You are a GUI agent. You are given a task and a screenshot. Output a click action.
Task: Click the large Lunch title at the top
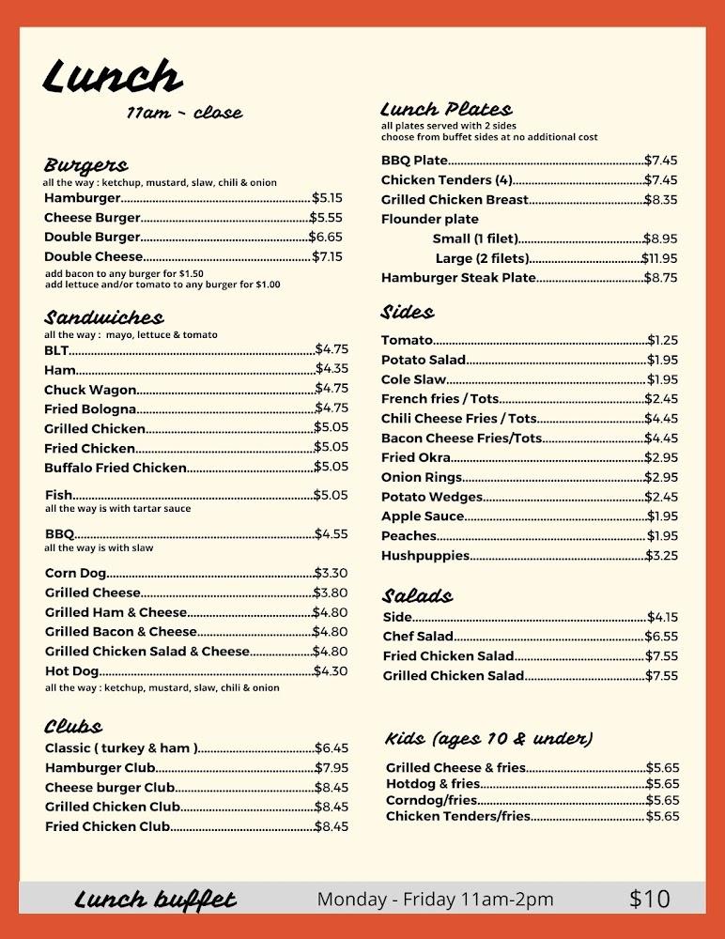point(113,77)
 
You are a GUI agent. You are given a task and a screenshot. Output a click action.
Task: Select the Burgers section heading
point(85,165)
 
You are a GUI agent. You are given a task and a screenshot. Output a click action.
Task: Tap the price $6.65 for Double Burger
point(326,237)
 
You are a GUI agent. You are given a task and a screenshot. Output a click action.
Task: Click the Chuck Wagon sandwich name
point(90,389)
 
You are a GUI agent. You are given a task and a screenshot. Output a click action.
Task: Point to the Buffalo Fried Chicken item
point(116,467)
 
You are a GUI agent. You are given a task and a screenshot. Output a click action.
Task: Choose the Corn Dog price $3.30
point(331,573)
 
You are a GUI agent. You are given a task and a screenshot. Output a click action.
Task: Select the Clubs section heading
point(73,726)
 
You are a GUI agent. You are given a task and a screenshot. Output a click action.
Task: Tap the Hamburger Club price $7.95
point(332,767)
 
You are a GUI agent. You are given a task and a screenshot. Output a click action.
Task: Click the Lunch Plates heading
point(446,109)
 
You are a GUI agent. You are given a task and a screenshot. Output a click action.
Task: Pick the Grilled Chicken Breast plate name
point(455,199)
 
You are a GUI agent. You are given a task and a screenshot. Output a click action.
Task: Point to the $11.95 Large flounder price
point(659,258)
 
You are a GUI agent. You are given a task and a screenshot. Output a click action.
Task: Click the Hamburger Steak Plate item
point(458,277)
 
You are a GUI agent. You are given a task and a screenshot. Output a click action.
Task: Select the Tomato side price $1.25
point(662,340)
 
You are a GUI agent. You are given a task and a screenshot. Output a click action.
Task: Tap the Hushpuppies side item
point(425,555)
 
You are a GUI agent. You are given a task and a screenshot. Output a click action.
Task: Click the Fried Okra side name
point(416,457)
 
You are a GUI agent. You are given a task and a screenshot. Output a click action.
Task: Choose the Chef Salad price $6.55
point(661,636)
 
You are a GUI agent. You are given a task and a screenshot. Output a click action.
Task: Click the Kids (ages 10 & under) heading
point(488,738)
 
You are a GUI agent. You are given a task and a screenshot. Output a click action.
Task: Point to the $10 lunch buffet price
point(650,899)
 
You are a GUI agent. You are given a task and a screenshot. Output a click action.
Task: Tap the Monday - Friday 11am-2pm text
point(435,899)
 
